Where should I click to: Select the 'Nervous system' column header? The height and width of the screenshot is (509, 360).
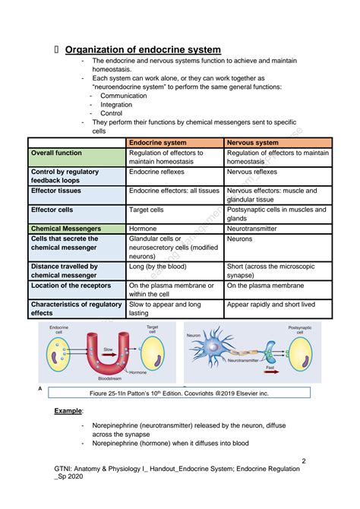point(253,142)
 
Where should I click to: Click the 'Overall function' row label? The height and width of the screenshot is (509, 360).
point(57,153)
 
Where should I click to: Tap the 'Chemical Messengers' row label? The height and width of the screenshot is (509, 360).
point(66,228)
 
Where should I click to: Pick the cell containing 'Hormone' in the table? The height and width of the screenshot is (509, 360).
point(143,228)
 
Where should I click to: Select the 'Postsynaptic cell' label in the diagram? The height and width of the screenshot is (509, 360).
point(304,330)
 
